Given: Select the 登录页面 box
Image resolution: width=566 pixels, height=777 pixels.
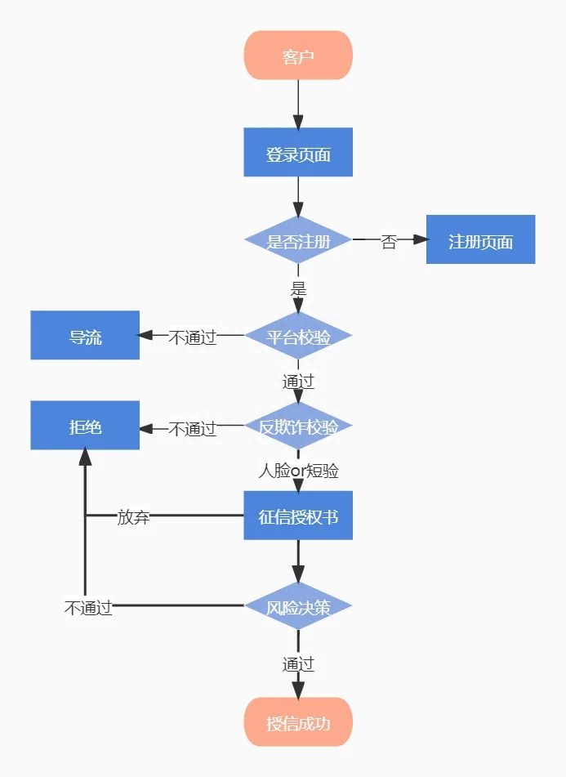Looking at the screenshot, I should point(298,152).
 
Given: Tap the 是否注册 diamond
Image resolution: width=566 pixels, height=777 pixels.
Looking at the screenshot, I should point(298,241).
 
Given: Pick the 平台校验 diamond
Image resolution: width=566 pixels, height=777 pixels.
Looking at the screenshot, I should point(298,336).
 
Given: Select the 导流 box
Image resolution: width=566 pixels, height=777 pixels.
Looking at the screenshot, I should point(85,335).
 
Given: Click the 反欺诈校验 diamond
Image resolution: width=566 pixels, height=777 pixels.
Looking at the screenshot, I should point(298,426).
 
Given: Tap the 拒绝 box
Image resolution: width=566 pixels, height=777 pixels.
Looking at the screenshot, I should point(85,426).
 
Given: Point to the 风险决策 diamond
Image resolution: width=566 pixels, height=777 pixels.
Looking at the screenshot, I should point(298,606).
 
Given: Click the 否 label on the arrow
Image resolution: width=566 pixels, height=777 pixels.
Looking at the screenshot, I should point(389,242).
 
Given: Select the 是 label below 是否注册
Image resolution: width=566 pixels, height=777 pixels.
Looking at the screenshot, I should point(298,288).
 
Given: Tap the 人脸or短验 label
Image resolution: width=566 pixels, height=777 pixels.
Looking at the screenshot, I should point(298,471).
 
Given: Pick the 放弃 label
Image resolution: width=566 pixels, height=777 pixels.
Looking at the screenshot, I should point(133,516).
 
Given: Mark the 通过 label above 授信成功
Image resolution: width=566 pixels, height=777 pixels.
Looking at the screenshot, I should point(298,664).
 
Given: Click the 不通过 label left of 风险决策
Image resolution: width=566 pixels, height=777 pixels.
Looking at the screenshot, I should point(88,607).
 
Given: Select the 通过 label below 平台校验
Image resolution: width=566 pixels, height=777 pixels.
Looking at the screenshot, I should point(298,382).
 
